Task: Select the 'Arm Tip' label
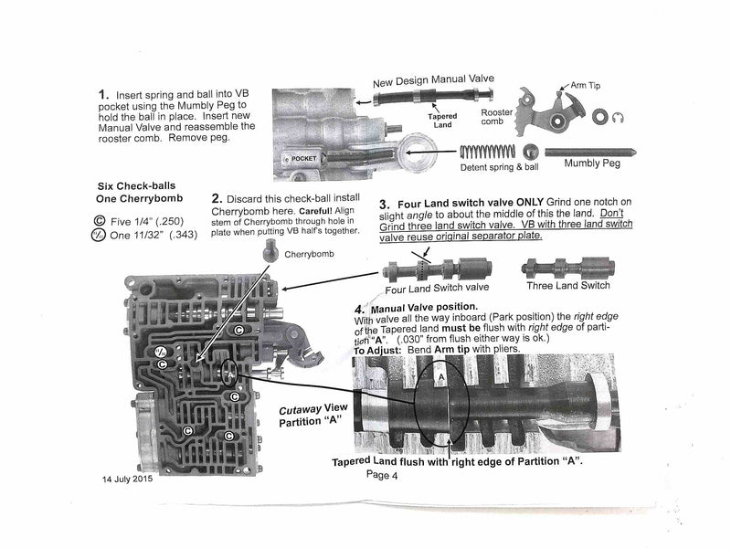coord(588,86)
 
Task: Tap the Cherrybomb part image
coord(270,251)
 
